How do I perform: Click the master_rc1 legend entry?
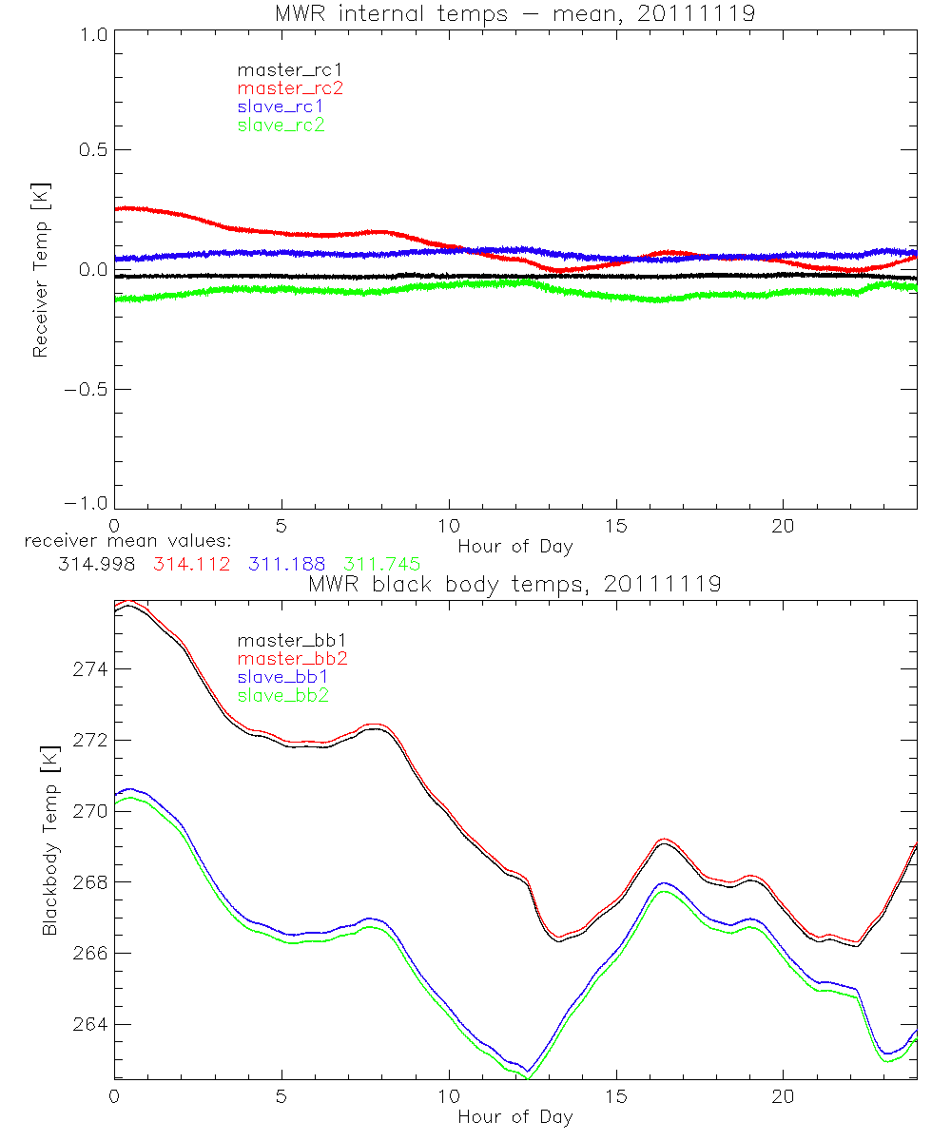281,69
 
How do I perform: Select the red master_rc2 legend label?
290,88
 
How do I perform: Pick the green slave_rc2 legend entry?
281,125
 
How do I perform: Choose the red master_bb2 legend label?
291,659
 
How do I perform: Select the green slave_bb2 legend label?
282,695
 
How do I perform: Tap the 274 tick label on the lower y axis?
90,669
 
